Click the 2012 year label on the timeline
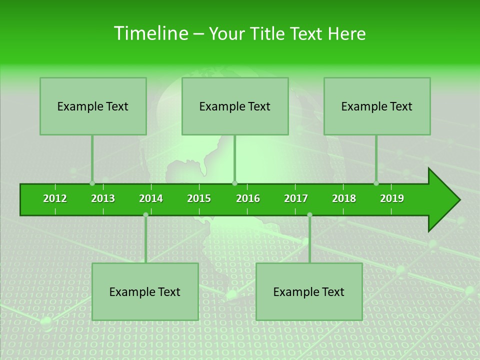tap(55, 198)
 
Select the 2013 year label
tap(103, 198)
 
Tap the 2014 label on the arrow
tap(151, 198)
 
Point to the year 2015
tap(199, 198)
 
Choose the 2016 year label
tap(248, 198)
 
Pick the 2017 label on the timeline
tap(296, 198)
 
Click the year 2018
tap(344, 198)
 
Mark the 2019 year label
tap(392, 198)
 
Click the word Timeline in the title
tap(150, 33)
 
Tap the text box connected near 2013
tap(93, 106)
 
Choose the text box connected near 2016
tap(235, 106)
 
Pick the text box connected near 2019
tap(377, 106)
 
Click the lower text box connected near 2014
tap(145, 291)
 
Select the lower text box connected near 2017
tap(309, 291)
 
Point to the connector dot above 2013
tap(92, 183)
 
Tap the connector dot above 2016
tap(235, 183)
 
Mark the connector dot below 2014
tap(145, 214)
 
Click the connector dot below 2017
tap(309, 214)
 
